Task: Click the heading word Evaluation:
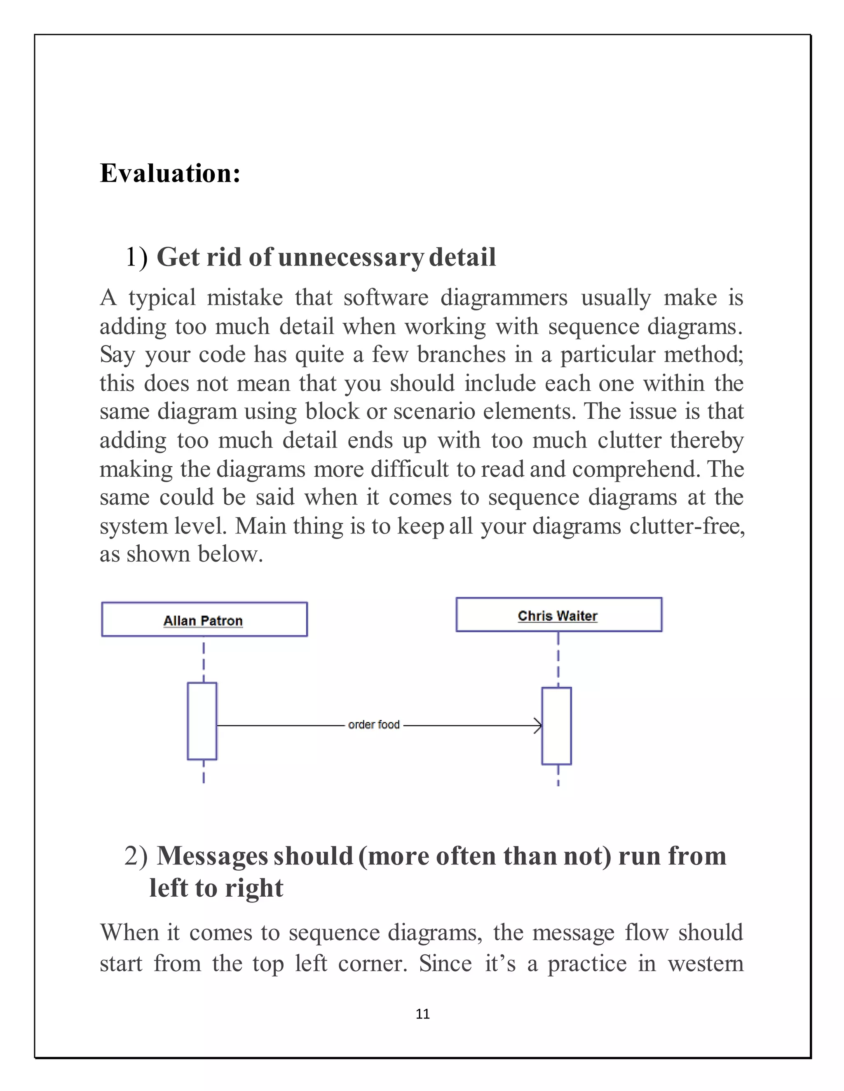click(170, 173)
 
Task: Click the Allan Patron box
click(204, 620)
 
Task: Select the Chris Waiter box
click(558, 614)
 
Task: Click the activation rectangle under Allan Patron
click(202, 721)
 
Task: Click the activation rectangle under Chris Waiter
click(556, 726)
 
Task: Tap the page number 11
click(422, 1014)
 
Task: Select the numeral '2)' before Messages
click(136, 856)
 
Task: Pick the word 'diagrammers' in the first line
click(504, 298)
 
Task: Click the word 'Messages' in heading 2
click(255, 856)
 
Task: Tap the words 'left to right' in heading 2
click(216, 888)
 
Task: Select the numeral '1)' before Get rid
click(136, 257)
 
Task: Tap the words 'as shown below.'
click(181, 554)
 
